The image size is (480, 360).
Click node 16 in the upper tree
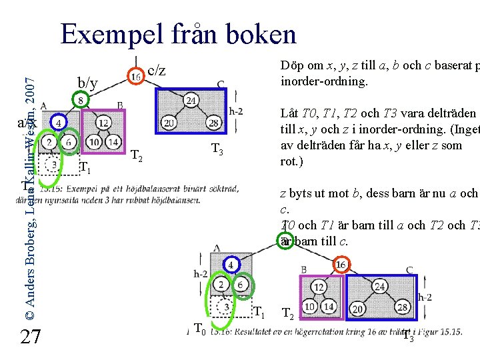(x=136, y=77)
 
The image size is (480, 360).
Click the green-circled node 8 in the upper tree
(x=81, y=101)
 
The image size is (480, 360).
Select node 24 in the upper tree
(x=191, y=101)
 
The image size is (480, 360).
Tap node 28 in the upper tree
(x=213, y=123)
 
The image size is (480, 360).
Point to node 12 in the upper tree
(x=103, y=123)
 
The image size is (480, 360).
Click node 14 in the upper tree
(x=113, y=141)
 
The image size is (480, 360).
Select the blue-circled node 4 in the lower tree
(x=230, y=264)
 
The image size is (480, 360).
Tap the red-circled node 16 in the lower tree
(x=341, y=264)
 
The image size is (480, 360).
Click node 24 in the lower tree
(x=379, y=286)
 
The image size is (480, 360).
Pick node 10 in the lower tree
(x=309, y=306)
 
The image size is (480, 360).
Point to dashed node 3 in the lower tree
(x=227, y=306)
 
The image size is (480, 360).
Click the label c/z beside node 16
(x=156, y=70)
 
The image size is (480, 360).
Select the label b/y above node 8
(x=88, y=83)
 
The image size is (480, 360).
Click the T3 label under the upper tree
(x=217, y=149)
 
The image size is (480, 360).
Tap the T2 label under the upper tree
(x=137, y=157)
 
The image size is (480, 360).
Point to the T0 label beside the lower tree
(x=199, y=327)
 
